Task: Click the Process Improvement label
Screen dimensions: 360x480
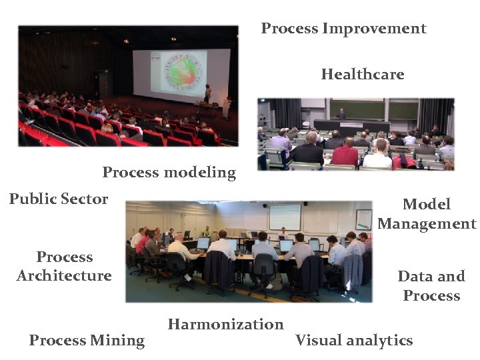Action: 343,29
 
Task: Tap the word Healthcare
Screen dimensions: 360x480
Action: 362,74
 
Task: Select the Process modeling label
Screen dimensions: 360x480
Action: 169,173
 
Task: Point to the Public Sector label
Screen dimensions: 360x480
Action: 59,199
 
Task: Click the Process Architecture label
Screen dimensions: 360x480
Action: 64,266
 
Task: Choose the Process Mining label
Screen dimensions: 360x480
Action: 87,341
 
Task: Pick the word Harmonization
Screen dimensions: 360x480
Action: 225,325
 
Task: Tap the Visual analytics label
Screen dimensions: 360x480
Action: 354,341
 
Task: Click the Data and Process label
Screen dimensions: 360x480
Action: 431,286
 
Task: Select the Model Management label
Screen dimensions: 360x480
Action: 427,214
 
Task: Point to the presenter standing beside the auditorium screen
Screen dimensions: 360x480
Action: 207,93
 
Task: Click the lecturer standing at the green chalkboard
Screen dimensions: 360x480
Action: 341,114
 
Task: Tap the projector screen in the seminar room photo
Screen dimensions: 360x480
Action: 285,217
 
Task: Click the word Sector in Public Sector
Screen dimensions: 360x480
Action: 84,199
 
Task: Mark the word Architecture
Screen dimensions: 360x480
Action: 64,276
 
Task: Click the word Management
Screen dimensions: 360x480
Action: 427,224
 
